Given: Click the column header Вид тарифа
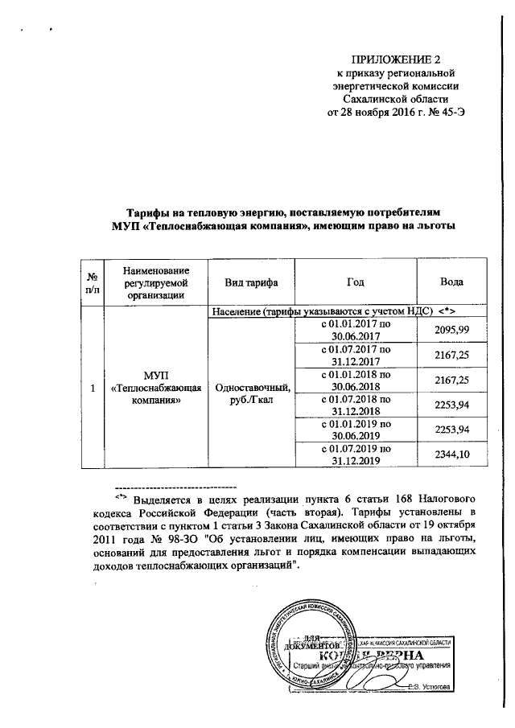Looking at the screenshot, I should point(252,282).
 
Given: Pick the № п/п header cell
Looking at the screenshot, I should point(93,282).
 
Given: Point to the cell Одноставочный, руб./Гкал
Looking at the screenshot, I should point(252,393).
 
